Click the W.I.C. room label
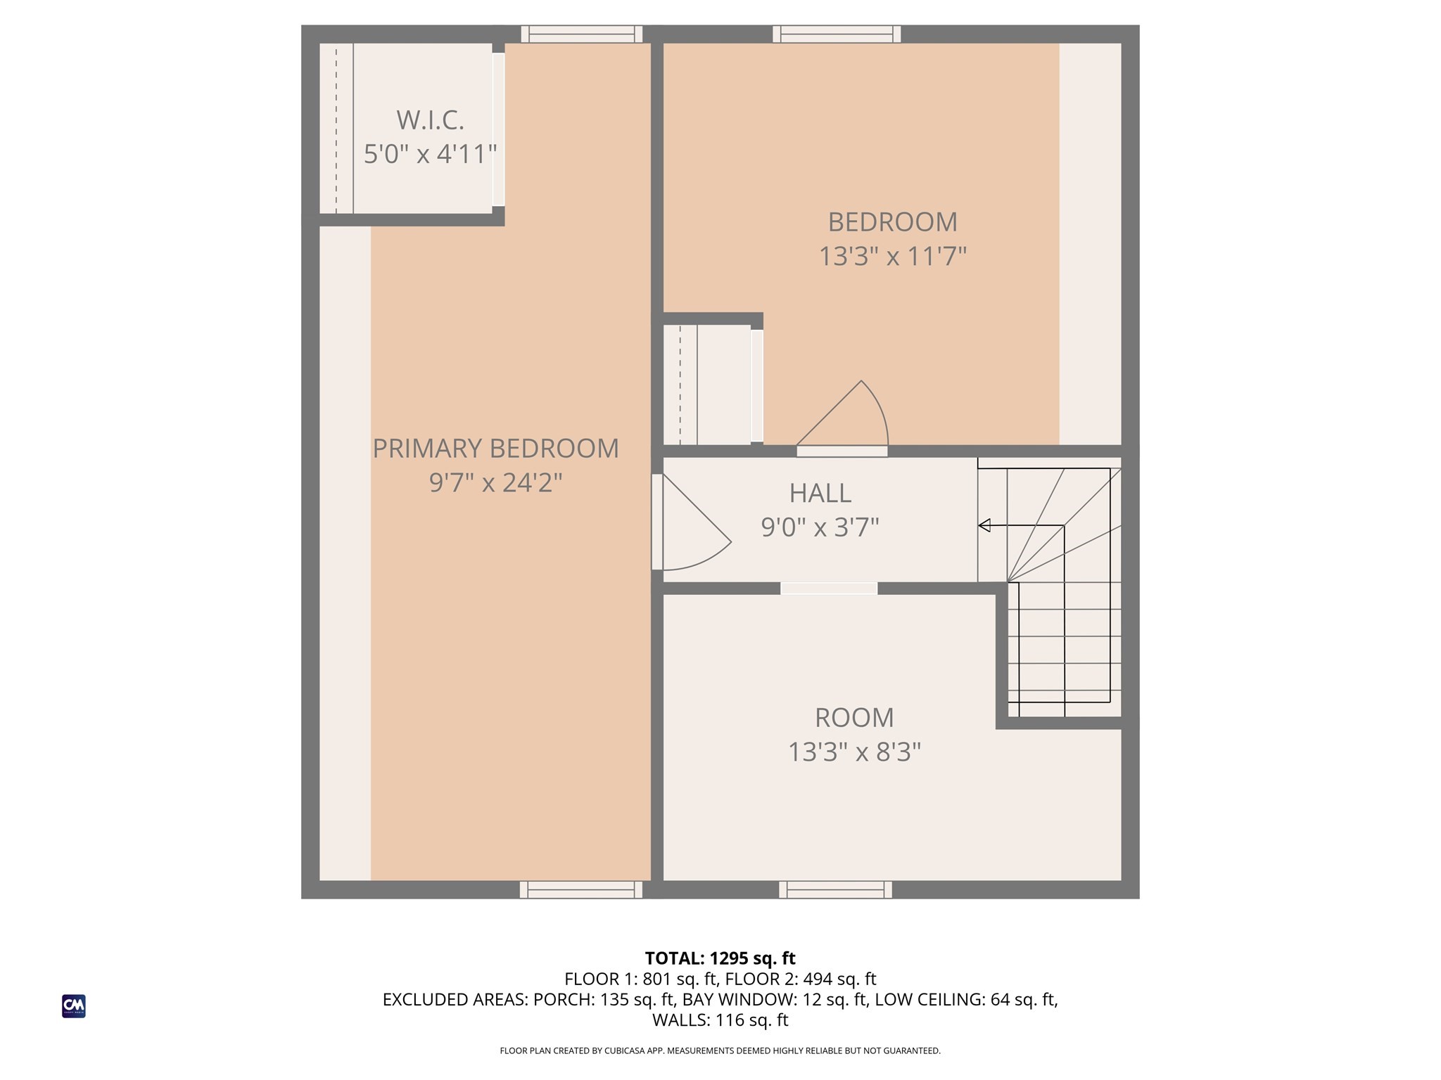pyautogui.click(x=430, y=120)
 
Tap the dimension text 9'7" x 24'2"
pyautogui.click(x=495, y=483)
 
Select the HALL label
pyautogui.click(x=820, y=493)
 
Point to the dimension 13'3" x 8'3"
pyautogui.click(x=853, y=752)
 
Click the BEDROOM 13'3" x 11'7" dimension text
pyautogui.click(x=892, y=257)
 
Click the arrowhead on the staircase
pyautogui.click(x=984, y=525)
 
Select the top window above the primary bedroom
pyautogui.click(x=581, y=34)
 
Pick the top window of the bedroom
pyautogui.click(x=837, y=34)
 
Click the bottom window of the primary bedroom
pyautogui.click(x=581, y=890)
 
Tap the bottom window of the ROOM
pyautogui.click(x=835, y=890)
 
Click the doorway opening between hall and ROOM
pyautogui.click(x=828, y=589)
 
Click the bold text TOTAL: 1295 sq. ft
pyautogui.click(x=720, y=958)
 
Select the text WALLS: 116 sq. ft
pyautogui.click(x=720, y=1020)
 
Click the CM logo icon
pyautogui.click(x=74, y=1006)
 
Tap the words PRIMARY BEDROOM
pyautogui.click(x=495, y=449)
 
